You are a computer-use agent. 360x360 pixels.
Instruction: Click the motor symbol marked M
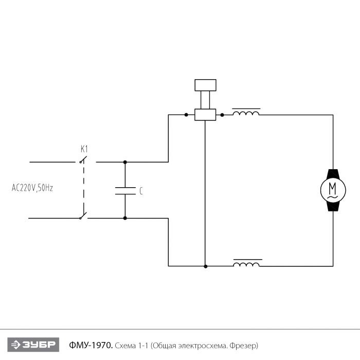pos(332,190)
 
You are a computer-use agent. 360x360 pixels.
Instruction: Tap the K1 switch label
pos(84,149)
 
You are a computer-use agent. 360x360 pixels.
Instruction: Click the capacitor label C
pos(141,191)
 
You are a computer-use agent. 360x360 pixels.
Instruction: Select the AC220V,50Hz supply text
pos(32,188)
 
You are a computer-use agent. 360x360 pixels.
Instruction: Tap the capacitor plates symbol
pos(125,190)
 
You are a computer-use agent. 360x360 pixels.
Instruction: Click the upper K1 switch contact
pos(82,161)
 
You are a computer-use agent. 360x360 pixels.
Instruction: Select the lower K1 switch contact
pos(83,217)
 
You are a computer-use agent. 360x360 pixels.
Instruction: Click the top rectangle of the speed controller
pos(205,85)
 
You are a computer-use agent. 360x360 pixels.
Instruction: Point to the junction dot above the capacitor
pos(125,162)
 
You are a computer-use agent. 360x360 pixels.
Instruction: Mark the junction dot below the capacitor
pos(125,218)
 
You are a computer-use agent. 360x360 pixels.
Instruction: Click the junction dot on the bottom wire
pos(206,266)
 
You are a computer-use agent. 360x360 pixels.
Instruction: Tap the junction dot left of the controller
pos(186,115)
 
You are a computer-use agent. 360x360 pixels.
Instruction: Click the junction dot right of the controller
pos(222,115)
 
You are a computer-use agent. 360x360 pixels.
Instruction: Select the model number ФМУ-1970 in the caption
pos(90,344)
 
